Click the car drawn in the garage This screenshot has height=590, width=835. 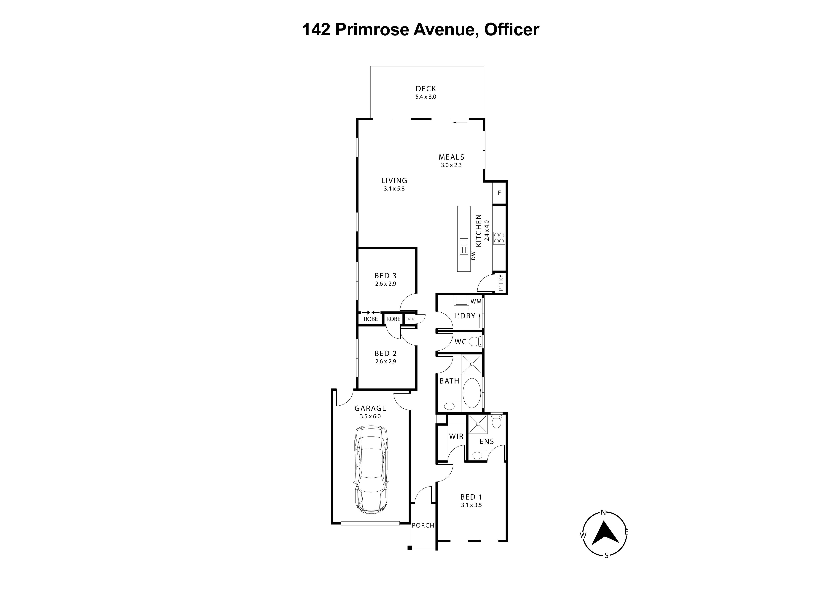pyautogui.click(x=371, y=470)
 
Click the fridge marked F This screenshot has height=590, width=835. pyautogui.click(x=499, y=193)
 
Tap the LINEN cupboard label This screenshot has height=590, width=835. pyautogui.click(x=410, y=319)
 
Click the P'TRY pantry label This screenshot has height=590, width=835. pyautogui.click(x=501, y=283)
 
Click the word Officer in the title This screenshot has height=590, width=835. pyautogui.click(x=511, y=30)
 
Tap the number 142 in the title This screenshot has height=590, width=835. pyautogui.click(x=316, y=30)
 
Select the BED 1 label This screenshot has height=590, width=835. pyautogui.click(x=471, y=497)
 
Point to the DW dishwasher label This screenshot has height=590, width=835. pyautogui.click(x=473, y=256)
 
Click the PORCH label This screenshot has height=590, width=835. pyautogui.click(x=423, y=525)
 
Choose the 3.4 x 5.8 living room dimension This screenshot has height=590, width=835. pyautogui.click(x=394, y=189)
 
